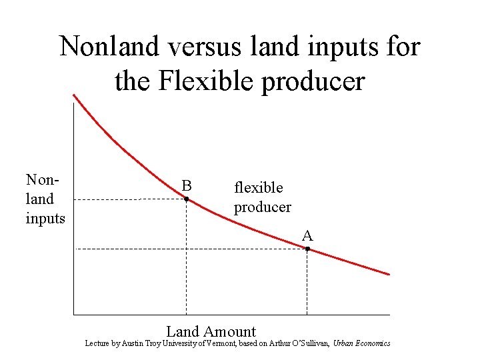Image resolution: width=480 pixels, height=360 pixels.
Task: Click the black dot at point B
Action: [x=187, y=199]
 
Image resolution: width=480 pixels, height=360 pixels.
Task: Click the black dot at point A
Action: [x=307, y=249]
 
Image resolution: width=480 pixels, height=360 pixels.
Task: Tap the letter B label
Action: [x=187, y=185]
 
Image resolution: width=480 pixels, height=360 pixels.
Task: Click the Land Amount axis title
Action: [x=211, y=331]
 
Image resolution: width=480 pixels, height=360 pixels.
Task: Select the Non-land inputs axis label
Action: [x=45, y=198]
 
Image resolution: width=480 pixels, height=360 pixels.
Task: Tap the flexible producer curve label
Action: [x=262, y=197]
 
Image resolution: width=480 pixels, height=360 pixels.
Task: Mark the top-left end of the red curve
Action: [x=74, y=95]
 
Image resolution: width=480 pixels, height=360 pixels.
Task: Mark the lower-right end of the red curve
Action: [x=389, y=274]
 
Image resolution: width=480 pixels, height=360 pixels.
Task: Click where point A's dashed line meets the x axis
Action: [x=307, y=314]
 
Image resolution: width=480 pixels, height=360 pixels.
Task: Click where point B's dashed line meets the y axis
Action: [x=73, y=199]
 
